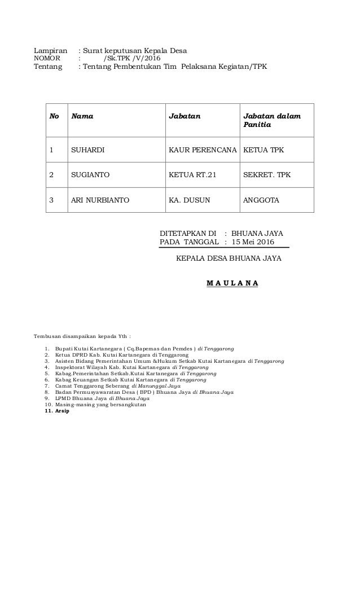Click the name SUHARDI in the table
86,151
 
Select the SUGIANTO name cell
90,175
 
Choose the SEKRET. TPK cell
266,175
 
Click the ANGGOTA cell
260,200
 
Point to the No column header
54,116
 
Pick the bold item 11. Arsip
55,411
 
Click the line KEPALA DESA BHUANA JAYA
229,259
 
